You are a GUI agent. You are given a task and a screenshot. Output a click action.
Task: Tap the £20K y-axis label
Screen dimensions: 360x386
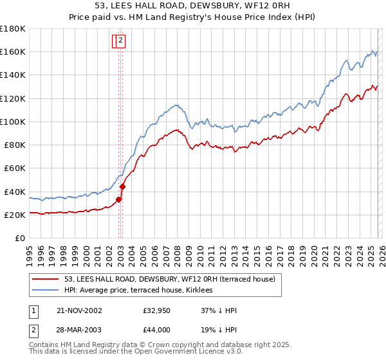15,215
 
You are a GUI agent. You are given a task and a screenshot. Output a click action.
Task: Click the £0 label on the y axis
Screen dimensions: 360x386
21,239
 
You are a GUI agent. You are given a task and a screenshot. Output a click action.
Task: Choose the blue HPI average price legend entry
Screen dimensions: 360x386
142,291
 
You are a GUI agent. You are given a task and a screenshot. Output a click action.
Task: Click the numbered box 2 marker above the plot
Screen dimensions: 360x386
120,41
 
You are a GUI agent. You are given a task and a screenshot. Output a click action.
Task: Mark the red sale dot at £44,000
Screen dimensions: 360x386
122,187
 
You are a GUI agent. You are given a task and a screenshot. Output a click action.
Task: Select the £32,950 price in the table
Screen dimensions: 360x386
157,310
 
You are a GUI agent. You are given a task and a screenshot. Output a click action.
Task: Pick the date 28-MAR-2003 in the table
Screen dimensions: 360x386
79,330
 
